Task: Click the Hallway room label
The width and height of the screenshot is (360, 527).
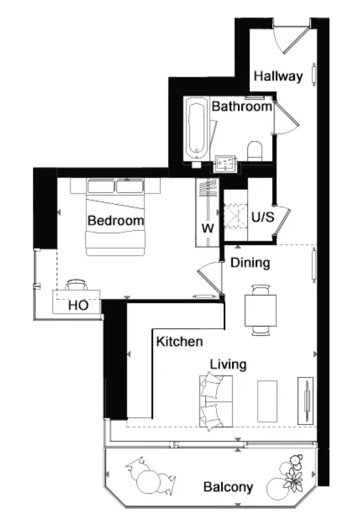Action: (x=278, y=76)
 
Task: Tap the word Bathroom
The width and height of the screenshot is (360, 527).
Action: (x=241, y=106)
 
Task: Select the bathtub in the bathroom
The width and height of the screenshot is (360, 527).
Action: (x=196, y=129)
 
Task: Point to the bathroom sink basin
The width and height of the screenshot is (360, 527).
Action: (x=225, y=164)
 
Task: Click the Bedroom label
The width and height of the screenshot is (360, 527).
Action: (x=116, y=221)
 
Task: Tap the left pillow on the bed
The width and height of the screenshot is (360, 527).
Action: (x=101, y=186)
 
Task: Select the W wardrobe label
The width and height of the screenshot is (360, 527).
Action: (x=208, y=228)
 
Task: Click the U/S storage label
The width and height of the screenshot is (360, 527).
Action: (x=263, y=217)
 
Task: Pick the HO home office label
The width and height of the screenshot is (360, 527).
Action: (x=78, y=305)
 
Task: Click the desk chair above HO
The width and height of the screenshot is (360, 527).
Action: (x=76, y=284)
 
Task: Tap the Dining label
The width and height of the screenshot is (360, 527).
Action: (x=250, y=262)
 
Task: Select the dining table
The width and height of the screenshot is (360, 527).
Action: (x=261, y=310)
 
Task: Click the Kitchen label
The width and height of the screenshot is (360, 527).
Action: (x=179, y=341)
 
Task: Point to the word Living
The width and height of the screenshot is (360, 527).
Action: (x=228, y=364)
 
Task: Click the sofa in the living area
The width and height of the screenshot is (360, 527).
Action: (x=216, y=401)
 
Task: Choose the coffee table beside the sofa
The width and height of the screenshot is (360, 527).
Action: (x=267, y=401)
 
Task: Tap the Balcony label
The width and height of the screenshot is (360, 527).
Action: (x=228, y=487)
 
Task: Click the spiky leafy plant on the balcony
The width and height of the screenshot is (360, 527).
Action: (x=294, y=478)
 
